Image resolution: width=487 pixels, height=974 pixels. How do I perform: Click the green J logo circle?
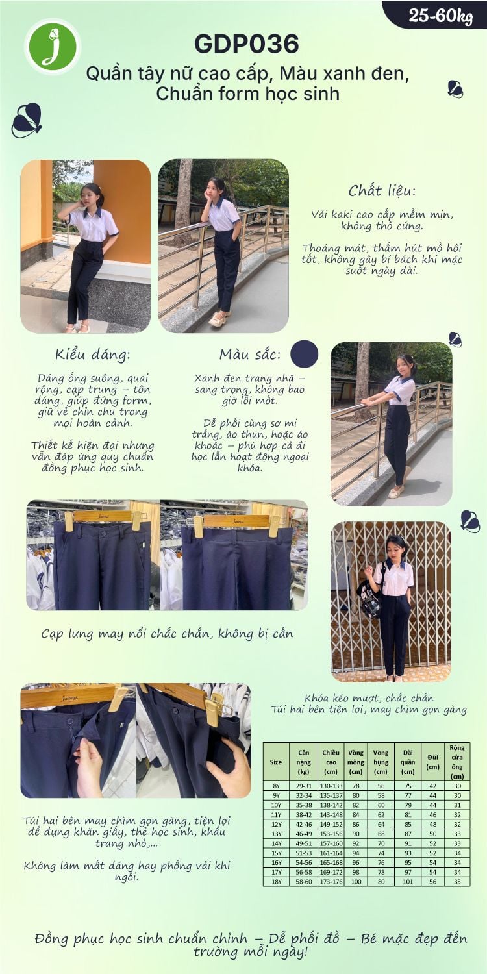pyautogui.click(x=53, y=46)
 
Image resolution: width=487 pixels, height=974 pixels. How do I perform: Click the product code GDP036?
pyautogui.click(x=247, y=44)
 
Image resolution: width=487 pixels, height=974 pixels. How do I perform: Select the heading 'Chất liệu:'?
pyautogui.click(x=382, y=190)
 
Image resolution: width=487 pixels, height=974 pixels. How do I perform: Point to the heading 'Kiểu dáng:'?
pyautogui.click(x=93, y=355)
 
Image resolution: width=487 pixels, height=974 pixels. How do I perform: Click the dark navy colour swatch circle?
pyautogui.click(x=305, y=354)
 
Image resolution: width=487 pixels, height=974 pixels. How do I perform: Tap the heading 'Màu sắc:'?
pyautogui.click(x=250, y=355)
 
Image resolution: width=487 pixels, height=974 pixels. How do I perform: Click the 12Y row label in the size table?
pyautogui.click(x=276, y=824)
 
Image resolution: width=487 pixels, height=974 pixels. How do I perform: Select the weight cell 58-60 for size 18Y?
pyautogui.click(x=303, y=881)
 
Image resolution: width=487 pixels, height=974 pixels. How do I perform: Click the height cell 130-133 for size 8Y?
pyautogui.click(x=331, y=786)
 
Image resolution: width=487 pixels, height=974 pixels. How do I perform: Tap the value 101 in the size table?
pyautogui.click(x=407, y=881)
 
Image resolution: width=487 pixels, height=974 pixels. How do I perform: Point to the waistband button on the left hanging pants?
pyautogui.click(x=103, y=532)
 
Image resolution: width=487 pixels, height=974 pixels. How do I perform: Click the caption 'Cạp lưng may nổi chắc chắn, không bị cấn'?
pyautogui.click(x=168, y=634)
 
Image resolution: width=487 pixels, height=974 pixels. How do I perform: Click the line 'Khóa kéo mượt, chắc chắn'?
pyautogui.click(x=369, y=698)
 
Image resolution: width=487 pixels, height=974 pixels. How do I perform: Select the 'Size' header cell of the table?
pyautogui.click(x=276, y=762)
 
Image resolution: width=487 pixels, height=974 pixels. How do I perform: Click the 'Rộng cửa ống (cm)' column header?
pyautogui.click(x=457, y=762)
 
